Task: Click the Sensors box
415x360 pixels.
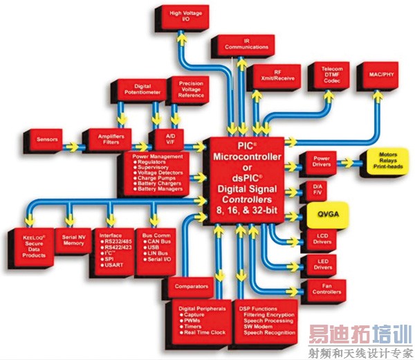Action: pos(48,140)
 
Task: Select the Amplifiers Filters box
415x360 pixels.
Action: pos(105,140)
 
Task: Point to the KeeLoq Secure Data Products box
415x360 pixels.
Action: pos(28,246)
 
